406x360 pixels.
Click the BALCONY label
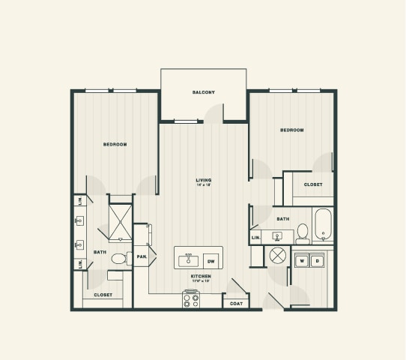coord(203,92)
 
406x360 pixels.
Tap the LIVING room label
coord(203,180)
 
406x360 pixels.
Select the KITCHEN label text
coord(200,276)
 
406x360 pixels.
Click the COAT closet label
coord(235,303)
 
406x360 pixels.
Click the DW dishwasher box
coord(210,261)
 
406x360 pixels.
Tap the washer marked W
coord(303,261)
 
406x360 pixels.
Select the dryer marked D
coord(317,261)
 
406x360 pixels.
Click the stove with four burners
coord(191,299)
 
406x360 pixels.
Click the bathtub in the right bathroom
coord(323,225)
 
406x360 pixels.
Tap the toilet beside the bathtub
coord(303,233)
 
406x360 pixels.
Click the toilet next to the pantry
coord(118,259)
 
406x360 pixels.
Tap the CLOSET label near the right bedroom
coord(313,184)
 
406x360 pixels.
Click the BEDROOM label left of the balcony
coord(115,144)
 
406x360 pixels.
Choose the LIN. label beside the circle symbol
coord(255,238)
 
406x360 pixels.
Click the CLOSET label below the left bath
coord(103,295)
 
